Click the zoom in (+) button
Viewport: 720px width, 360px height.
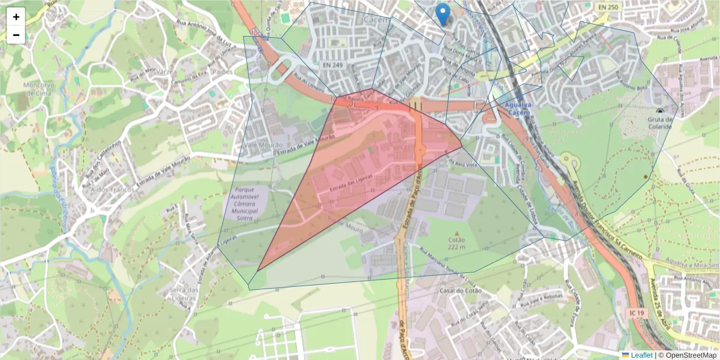16,17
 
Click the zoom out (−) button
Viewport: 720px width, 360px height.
16,35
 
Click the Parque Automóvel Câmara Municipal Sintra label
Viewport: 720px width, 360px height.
244,204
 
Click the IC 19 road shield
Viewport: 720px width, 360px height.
637,313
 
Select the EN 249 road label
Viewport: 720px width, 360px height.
334,64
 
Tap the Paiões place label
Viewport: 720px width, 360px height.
223,72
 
